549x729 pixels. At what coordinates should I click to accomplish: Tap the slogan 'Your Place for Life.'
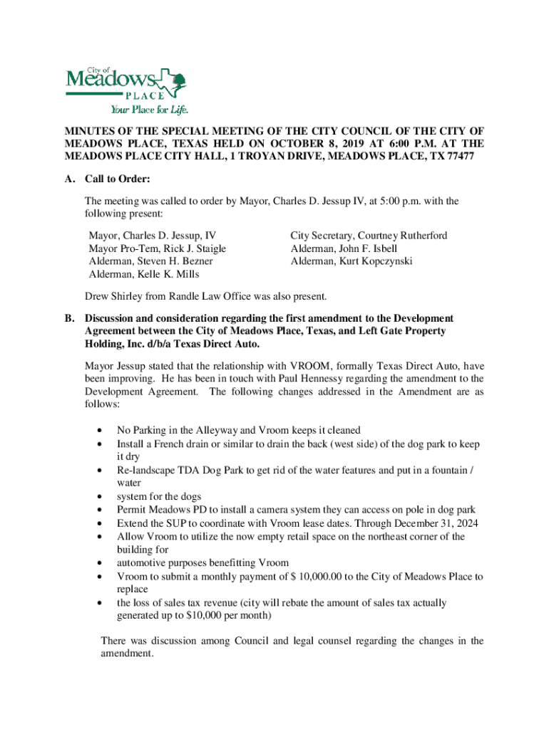coord(148,110)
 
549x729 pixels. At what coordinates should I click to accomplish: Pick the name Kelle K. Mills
coord(173,274)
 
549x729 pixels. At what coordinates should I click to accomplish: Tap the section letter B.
coord(69,318)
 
